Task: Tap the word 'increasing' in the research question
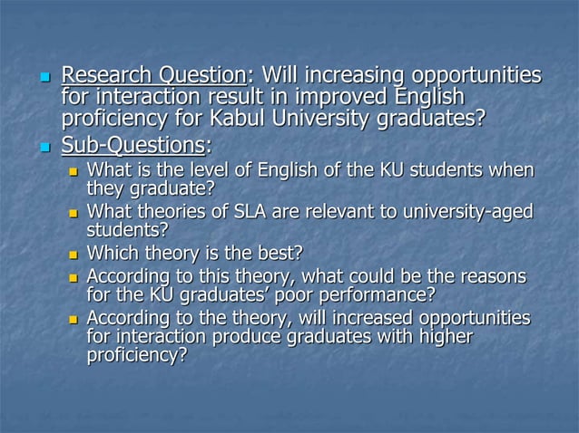tap(351, 74)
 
